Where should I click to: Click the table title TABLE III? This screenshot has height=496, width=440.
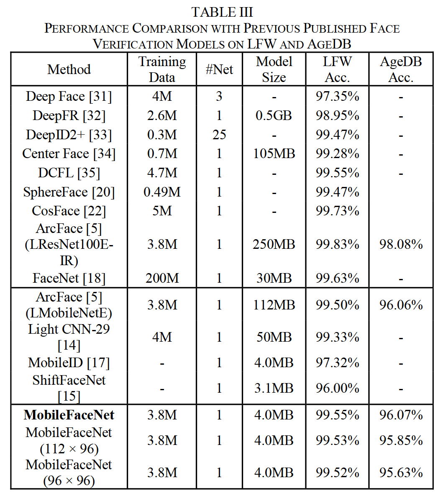click(222, 12)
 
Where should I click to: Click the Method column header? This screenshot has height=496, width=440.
click(69, 69)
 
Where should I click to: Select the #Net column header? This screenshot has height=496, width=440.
click(219, 69)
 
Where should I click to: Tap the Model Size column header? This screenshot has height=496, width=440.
click(274, 69)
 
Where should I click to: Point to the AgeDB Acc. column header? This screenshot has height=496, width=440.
click(401, 69)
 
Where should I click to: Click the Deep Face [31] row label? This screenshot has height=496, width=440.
click(69, 97)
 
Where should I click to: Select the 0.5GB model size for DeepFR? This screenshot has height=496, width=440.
click(274, 116)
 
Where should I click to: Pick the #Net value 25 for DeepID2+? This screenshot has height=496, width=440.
click(219, 135)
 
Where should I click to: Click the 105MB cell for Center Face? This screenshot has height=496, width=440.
click(274, 154)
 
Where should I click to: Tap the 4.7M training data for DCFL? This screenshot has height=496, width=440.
click(162, 173)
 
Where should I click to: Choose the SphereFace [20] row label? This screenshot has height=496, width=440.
click(69, 192)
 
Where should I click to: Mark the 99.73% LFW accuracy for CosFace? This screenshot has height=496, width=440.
click(337, 211)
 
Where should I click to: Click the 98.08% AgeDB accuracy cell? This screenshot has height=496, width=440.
click(401, 244)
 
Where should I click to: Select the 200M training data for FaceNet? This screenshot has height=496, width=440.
click(162, 278)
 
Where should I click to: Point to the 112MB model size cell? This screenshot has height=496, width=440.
click(274, 305)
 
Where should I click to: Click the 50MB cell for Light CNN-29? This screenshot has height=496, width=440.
click(274, 337)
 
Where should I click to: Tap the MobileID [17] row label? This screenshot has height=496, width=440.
click(69, 363)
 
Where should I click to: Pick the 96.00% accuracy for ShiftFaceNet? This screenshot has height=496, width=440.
click(337, 388)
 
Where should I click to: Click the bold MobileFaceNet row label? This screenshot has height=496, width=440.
click(69, 415)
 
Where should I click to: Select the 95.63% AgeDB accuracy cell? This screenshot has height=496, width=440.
click(401, 473)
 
